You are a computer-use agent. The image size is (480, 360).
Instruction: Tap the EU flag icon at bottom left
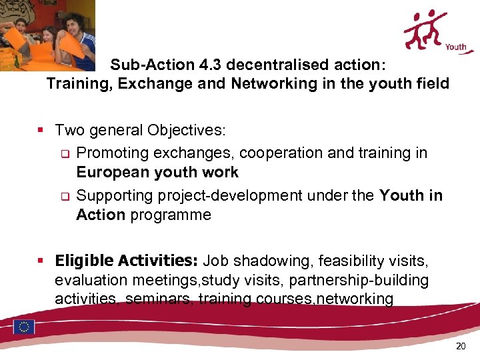[x=25, y=327]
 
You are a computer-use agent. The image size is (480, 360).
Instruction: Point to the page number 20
[x=461, y=346]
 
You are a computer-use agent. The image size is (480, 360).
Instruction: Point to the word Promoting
[x=112, y=153]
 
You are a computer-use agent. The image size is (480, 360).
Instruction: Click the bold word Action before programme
[x=101, y=215]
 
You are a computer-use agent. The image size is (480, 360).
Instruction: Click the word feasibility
[x=353, y=259]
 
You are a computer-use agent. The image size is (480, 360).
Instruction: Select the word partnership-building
[x=357, y=279]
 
